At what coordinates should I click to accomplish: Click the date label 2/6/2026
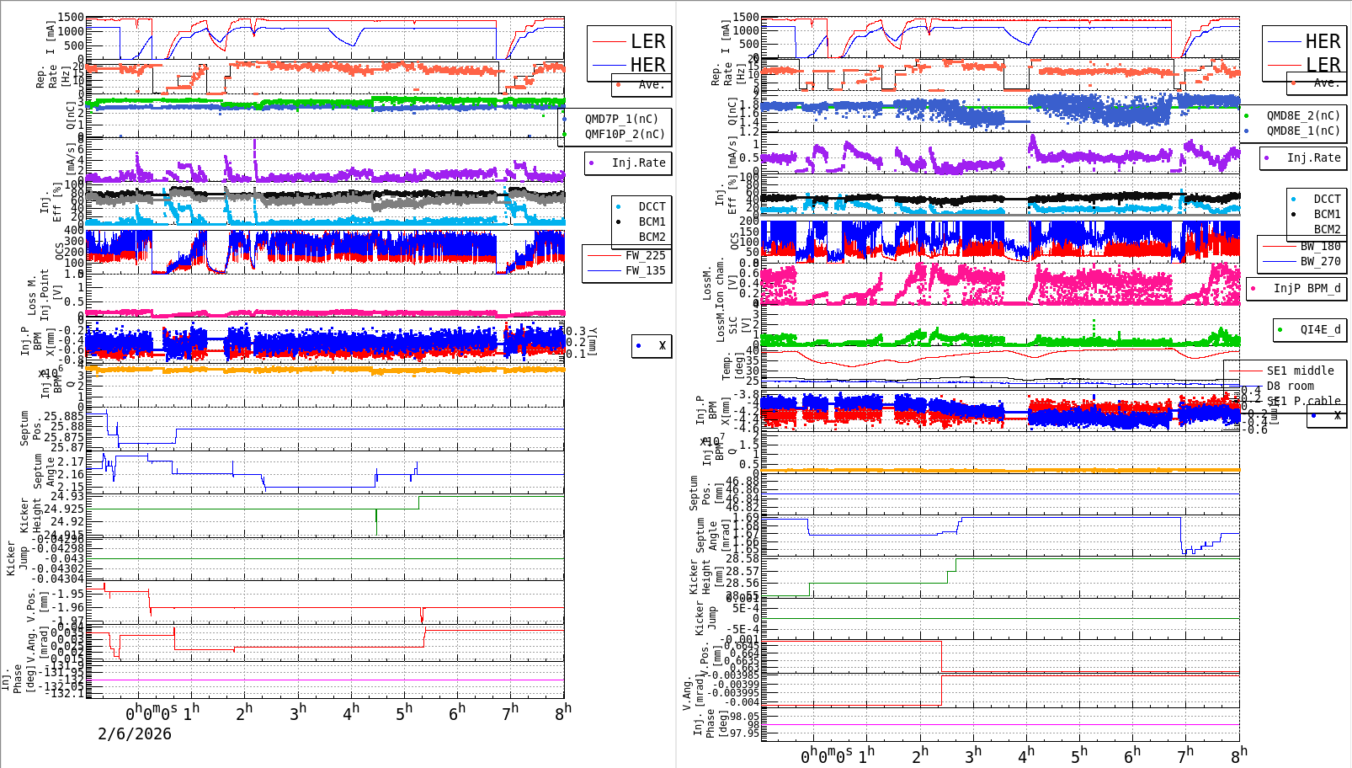tap(135, 733)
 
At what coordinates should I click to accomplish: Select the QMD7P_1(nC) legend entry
tap(621, 119)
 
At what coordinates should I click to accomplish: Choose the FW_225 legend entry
tap(645, 255)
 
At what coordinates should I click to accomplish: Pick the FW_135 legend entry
tap(645, 270)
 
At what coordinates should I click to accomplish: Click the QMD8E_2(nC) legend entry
tap(1302, 115)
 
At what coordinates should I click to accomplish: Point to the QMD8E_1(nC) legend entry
tap(1302, 131)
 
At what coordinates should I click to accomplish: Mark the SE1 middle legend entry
tap(1300, 371)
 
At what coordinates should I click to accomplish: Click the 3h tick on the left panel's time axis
tap(297, 713)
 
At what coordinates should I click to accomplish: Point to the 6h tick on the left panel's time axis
tap(457, 713)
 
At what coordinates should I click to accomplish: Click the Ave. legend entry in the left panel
tap(650, 84)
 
